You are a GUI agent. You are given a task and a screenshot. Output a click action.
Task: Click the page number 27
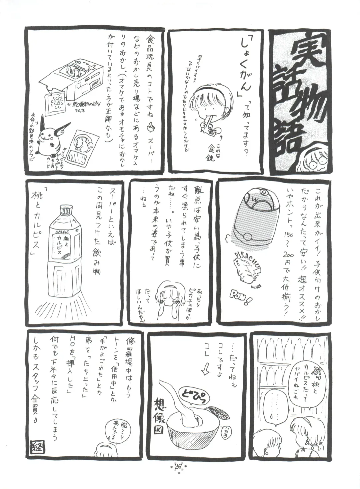[180, 475]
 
